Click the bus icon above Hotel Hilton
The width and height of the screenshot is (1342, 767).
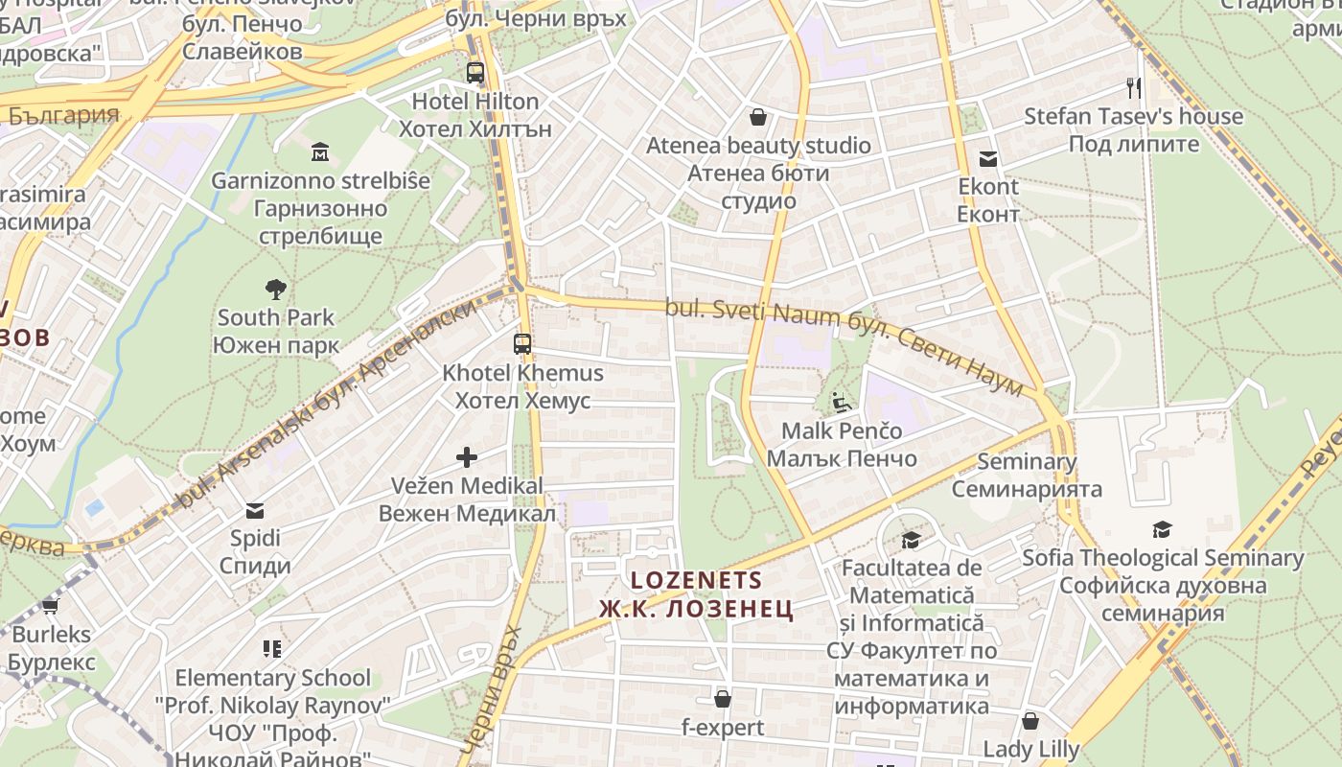[x=474, y=72]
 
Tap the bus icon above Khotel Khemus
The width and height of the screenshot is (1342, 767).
[x=522, y=343]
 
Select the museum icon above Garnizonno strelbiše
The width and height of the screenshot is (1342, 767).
[x=320, y=151]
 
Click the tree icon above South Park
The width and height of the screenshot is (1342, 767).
[x=276, y=289]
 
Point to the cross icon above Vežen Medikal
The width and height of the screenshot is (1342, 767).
[x=467, y=457]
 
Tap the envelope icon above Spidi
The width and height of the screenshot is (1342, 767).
[x=255, y=510]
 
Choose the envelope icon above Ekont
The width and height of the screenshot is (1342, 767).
[x=987, y=158]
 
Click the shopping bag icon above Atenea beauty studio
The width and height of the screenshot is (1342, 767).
[x=758, y=117]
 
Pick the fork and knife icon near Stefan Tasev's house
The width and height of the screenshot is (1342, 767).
[x=1135, y=88]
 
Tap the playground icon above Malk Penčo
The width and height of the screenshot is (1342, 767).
[x=842, y=403]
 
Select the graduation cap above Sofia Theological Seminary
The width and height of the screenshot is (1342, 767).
[x=1163, y=529]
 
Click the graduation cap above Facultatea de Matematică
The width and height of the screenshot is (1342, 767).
[x=911, y=541]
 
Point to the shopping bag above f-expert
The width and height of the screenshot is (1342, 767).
[x=723, y=699]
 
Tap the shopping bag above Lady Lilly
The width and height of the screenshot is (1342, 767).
[x=1030, y=720]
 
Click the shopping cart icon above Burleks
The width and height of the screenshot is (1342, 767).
[x=51, y=606]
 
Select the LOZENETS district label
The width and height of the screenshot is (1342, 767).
[x=697, y=580]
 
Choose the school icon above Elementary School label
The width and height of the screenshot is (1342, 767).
[x=272, y=649]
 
